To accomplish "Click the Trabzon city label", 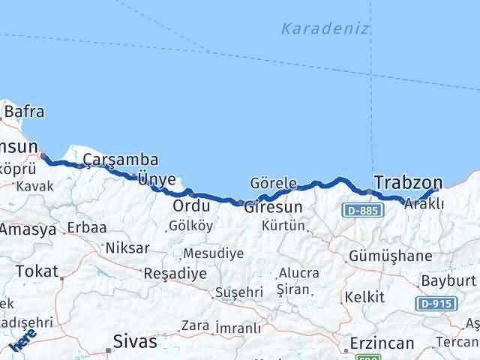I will coord(408,183).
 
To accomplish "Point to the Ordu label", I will coord(190,205).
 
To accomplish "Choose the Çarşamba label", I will coord(120,160).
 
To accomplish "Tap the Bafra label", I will coord(24,113).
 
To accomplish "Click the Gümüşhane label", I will coord(390,256).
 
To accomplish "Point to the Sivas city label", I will coord(135,342).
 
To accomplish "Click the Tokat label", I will coord(36,271).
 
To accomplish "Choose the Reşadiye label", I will coord(175,274).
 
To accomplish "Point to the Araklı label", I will coord(424,204).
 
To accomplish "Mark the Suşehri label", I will coord(239,292).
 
